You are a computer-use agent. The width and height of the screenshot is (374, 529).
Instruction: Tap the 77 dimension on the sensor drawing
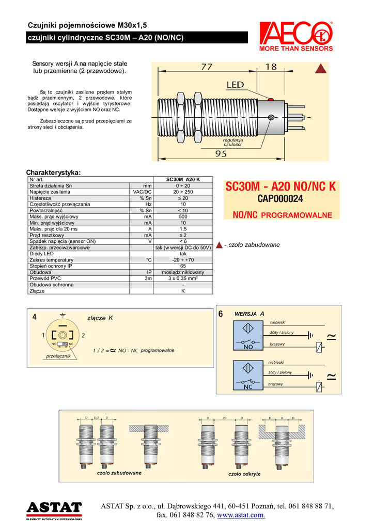207,67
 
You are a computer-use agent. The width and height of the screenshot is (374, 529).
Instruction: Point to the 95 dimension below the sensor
221,153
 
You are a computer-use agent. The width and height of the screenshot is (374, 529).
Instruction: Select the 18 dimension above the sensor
271,67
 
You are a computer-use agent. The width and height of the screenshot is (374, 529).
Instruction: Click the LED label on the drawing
235,84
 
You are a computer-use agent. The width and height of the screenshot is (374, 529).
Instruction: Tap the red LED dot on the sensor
269,98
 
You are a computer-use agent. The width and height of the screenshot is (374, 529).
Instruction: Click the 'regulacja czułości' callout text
233,142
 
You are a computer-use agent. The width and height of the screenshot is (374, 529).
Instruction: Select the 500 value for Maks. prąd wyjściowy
183,216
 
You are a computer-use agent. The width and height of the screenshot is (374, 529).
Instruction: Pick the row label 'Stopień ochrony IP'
51,266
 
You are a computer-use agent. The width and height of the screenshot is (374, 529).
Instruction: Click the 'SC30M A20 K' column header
183,179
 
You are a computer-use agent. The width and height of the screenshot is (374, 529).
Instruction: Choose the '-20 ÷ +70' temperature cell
183,260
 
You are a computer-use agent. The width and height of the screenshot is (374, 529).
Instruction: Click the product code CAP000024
280,198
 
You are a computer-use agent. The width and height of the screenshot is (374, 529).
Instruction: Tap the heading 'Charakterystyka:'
54,172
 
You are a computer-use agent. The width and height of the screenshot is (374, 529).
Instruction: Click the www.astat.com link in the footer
241,515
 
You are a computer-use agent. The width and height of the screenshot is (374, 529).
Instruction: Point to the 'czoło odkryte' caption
244,474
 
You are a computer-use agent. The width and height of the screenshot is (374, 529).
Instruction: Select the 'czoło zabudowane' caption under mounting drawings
119,472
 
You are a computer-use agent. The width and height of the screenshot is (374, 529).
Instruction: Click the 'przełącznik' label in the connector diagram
58,356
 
